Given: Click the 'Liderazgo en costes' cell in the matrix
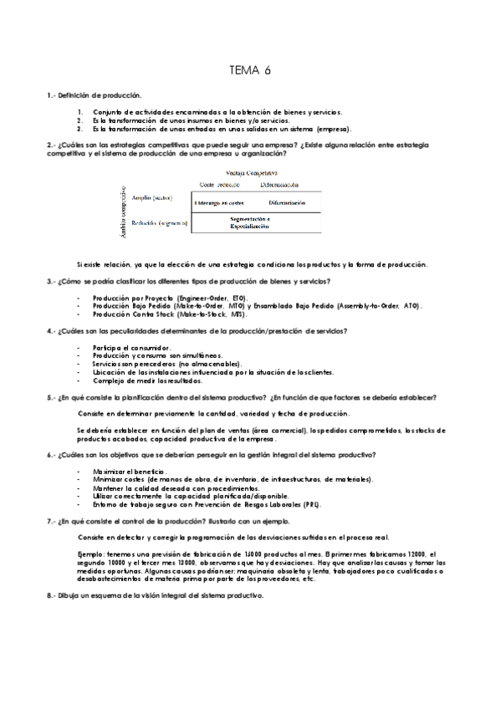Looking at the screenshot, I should (219, 203).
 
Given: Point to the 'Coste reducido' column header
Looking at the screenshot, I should (219, 184).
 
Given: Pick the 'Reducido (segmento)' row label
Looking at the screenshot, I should (158, 224).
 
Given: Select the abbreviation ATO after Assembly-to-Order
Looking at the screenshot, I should (412, 305).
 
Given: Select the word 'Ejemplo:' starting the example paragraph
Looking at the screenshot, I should (89, 554).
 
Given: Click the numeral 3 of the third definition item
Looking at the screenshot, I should (79, 129).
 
